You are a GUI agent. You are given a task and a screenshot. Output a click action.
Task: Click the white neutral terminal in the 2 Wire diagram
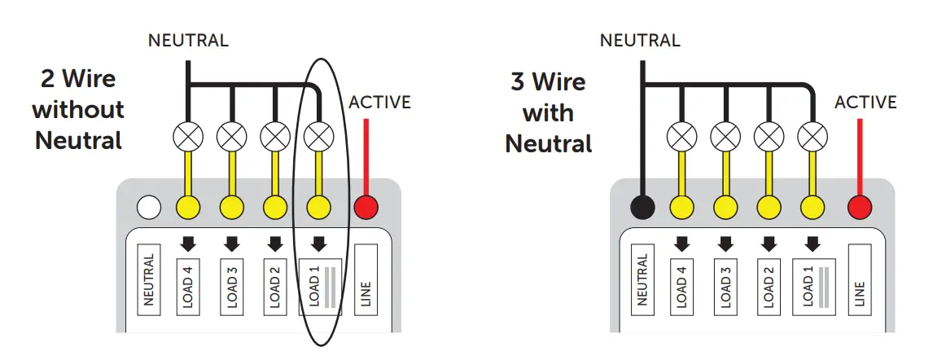(148, 208)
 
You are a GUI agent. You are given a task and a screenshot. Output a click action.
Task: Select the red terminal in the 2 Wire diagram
(366, 208)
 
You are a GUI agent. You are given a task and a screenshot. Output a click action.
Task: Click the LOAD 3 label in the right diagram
(726, 284)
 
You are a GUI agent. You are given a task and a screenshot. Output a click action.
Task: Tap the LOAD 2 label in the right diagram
(768, 284)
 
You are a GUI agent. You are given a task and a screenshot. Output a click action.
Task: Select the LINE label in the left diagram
(366, 280)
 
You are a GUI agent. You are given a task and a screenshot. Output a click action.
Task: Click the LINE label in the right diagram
(860, 281)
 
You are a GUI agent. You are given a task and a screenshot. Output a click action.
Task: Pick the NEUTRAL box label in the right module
(642, 281)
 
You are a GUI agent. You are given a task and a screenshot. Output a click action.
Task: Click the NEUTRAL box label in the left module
(148, 280)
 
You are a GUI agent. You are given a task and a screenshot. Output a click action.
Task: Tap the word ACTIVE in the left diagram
(379, 103)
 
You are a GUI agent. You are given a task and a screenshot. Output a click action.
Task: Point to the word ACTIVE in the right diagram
(865, 103)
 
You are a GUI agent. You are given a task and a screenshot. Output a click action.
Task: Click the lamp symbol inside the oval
(319, 134)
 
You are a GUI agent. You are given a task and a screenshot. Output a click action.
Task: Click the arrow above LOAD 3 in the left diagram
(232, 243)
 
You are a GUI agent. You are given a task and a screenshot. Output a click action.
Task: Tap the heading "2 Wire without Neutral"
(78, 110)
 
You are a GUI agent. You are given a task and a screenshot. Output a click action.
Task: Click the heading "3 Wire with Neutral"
(548, 112)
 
